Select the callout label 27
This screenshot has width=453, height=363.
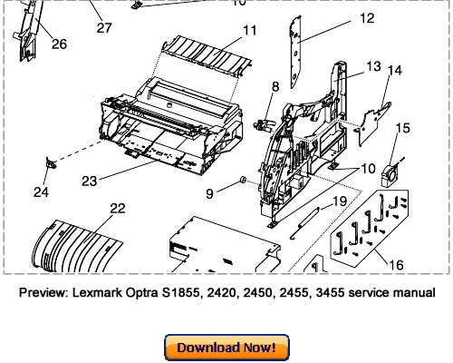104,28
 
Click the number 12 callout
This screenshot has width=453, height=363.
341,17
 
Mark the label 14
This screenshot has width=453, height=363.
395,70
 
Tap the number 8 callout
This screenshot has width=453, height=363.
275,86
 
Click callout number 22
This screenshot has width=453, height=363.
117,208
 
